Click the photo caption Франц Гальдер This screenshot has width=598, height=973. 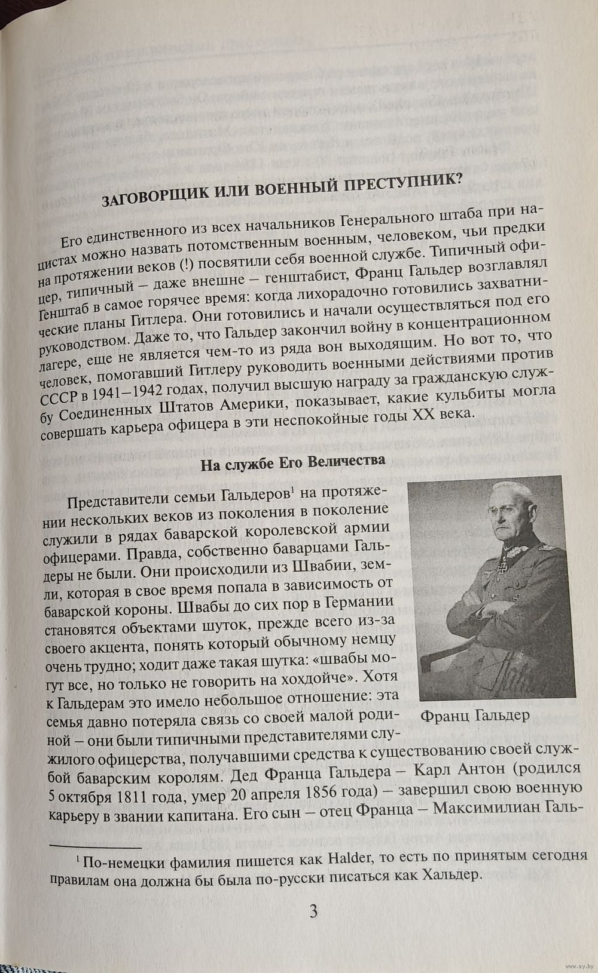tap(475, 716)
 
